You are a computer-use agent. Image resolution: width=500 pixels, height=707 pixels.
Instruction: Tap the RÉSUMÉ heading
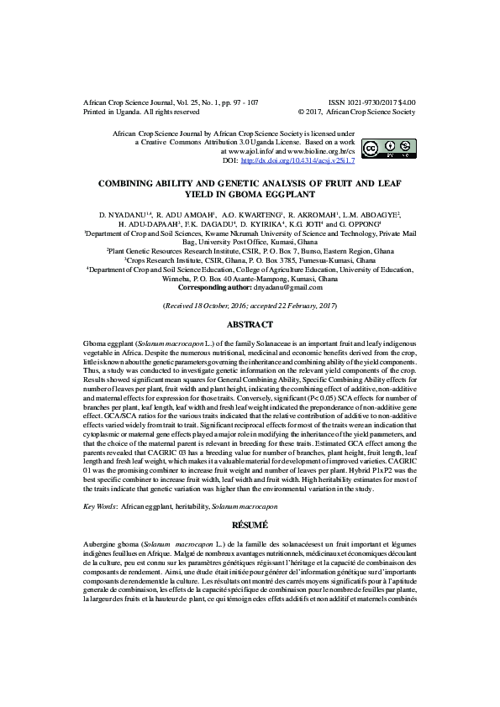[250, 524]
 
